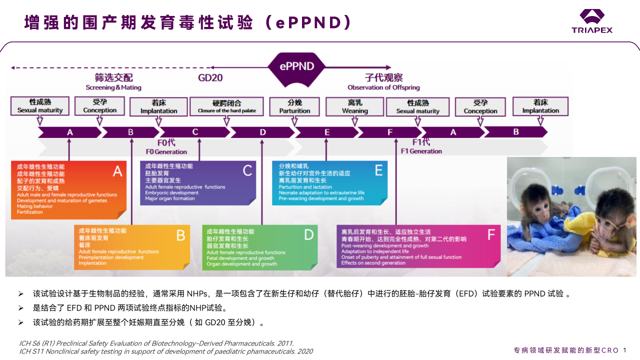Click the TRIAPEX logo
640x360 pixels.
click(x=592, y=21)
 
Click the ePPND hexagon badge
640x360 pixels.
click(x=297, y=66)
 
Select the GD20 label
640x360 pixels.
click(x=210, y=78)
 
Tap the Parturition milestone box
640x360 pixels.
click(x=294, y=106)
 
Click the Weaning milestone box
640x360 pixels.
click(x=354, y=106)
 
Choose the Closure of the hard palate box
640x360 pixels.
click(x=227, y=106)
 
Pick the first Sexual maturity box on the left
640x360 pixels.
click(x=40, y=106)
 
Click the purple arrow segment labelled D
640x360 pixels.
click(x=262, y=132)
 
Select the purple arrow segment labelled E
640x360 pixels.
click(x=327, y=132)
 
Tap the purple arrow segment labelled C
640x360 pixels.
click(x=195, y=132)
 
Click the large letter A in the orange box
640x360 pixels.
click(x=117, y=171)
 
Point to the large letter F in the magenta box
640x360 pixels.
click(x=491, y=235)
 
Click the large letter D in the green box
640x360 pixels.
click(x=308, y=235)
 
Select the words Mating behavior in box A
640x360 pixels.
click(x=34, y=206)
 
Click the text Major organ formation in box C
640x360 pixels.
click(x=170, y=198)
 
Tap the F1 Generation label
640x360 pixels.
click(x=421, y=151)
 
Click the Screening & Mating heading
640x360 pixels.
click(x=113, y=87)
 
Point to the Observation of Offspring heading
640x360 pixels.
click(x=383, y=87)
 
